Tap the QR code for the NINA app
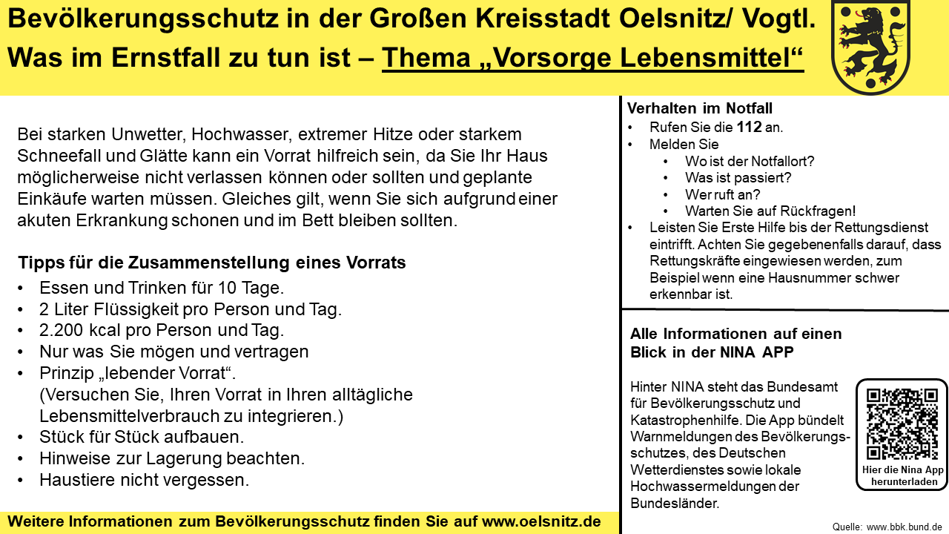click(902, 424)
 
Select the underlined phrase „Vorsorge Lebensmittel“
click(593, 58)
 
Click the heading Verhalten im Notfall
click(700, 108)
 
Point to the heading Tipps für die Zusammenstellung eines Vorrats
click(212, 263)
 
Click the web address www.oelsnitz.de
click(541, 521)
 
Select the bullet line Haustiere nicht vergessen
click(144, 480)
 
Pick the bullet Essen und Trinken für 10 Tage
click(162, 288)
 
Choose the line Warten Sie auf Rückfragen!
click(770, 211)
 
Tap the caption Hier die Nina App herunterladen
click(902, 475)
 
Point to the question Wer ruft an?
click(723, 194)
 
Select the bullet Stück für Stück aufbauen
click(142, 437)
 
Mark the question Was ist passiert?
click(738, 178)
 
